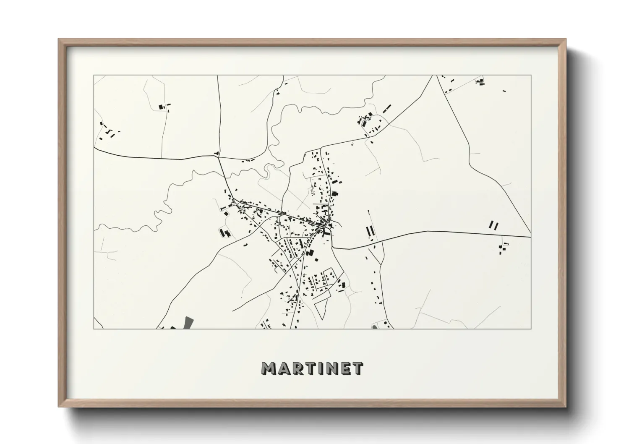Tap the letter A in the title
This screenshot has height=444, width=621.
click(x=284, y=368)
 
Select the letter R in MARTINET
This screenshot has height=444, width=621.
click(x=297, y=368)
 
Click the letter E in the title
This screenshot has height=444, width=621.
click(x=346, y=368)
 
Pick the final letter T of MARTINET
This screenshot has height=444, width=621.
click(x=358, y=368)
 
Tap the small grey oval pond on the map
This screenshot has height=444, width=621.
click(x=375, y=326)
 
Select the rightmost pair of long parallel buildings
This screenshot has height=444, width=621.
click(x=493, y=225)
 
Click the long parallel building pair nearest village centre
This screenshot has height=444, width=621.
click(x=370, y=231)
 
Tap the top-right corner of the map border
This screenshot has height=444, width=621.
click(x=531, y=76)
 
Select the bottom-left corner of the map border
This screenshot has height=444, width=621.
click(x=94, y=329)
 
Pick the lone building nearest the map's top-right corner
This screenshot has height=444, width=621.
click(x=504, y=91)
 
